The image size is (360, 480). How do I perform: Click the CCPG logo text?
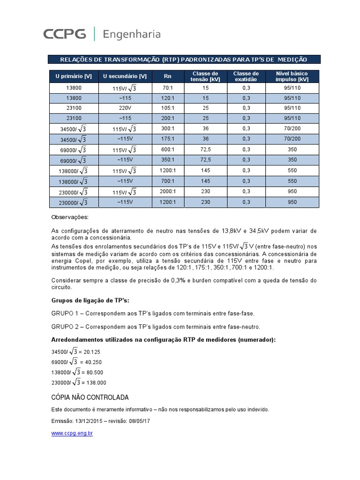click(x=65, y=34)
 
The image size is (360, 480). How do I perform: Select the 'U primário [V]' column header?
click(x=73, y=76)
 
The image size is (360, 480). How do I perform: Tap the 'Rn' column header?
click(x=168, y=76)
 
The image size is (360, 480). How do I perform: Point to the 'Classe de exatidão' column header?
click(x=246, y=76)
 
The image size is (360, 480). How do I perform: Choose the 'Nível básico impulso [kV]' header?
click(x=292, y=76)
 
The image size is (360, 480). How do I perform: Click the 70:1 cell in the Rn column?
click(x=168, y=88)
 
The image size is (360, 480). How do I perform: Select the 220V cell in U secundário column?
click(x=125, y=108)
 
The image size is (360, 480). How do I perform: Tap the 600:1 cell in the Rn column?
click(x=168, y=150)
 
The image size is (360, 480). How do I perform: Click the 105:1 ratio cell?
click(x=168, y=108)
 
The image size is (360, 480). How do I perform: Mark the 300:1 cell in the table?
click(x=168, y=128)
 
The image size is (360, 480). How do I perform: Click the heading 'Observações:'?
click(x=69, y=217)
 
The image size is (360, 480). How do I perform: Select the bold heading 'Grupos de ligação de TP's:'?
click(x=89, y=300)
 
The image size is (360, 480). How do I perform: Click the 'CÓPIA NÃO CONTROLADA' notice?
click(x=89, y=397)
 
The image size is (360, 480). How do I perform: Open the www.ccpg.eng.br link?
click(x=72, y=434)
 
